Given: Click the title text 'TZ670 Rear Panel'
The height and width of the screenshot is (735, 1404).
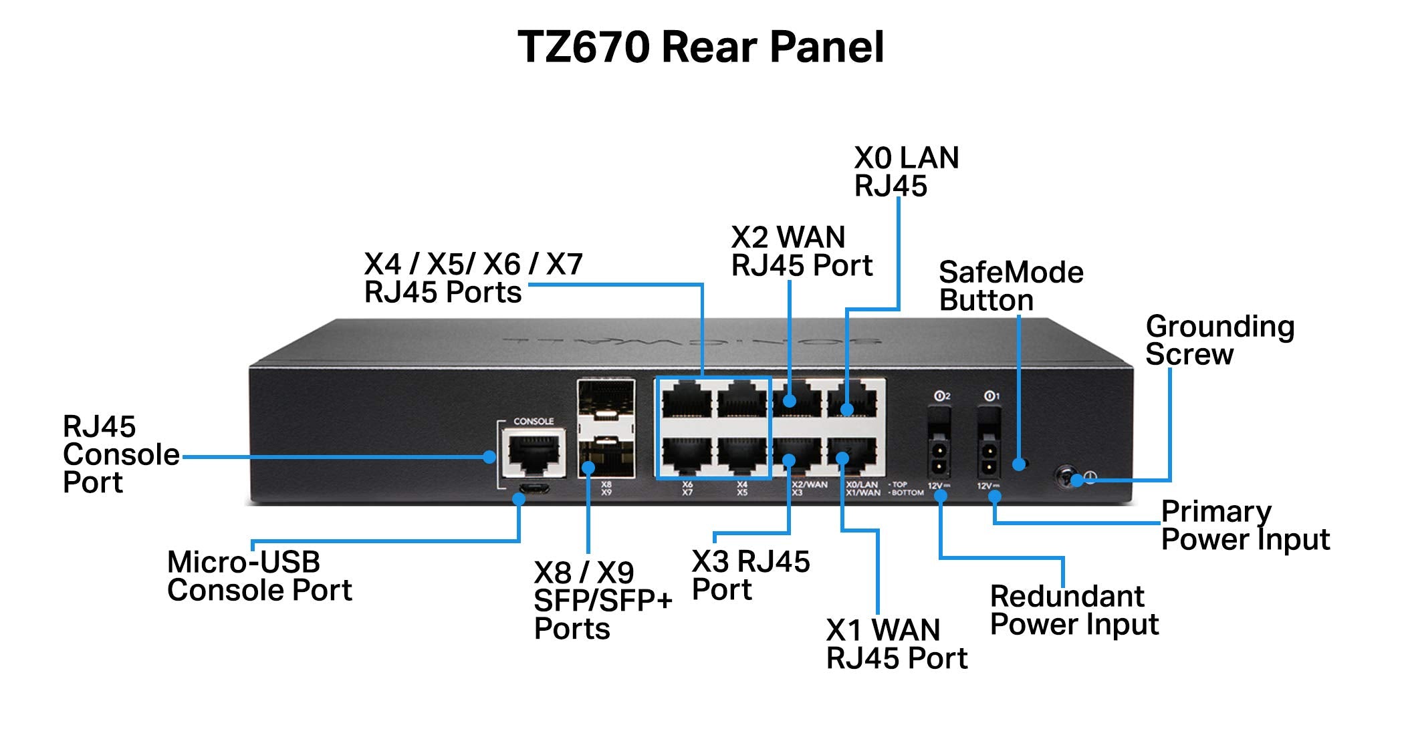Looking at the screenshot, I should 701,47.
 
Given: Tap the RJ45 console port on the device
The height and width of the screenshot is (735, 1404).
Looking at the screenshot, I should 534,452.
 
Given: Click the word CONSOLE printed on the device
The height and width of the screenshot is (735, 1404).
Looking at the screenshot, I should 533,422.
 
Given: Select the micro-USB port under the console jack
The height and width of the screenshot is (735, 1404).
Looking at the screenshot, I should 534,488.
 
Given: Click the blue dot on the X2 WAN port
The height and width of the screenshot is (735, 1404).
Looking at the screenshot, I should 790,401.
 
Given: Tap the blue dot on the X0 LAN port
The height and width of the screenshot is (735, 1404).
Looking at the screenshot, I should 846,410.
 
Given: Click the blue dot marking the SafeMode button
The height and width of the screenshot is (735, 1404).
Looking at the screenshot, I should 1019,464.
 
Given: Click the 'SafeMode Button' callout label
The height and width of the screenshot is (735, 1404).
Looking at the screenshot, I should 1010,286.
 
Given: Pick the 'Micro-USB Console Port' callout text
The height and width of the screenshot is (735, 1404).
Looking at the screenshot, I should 259,576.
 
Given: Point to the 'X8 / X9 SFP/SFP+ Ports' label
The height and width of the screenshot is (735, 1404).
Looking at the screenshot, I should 602,600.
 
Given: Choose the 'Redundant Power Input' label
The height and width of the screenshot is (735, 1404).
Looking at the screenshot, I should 1074,610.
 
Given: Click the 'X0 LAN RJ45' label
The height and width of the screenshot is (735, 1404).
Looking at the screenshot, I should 906,172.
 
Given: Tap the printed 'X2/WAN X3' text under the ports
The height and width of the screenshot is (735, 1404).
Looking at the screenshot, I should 808,488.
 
